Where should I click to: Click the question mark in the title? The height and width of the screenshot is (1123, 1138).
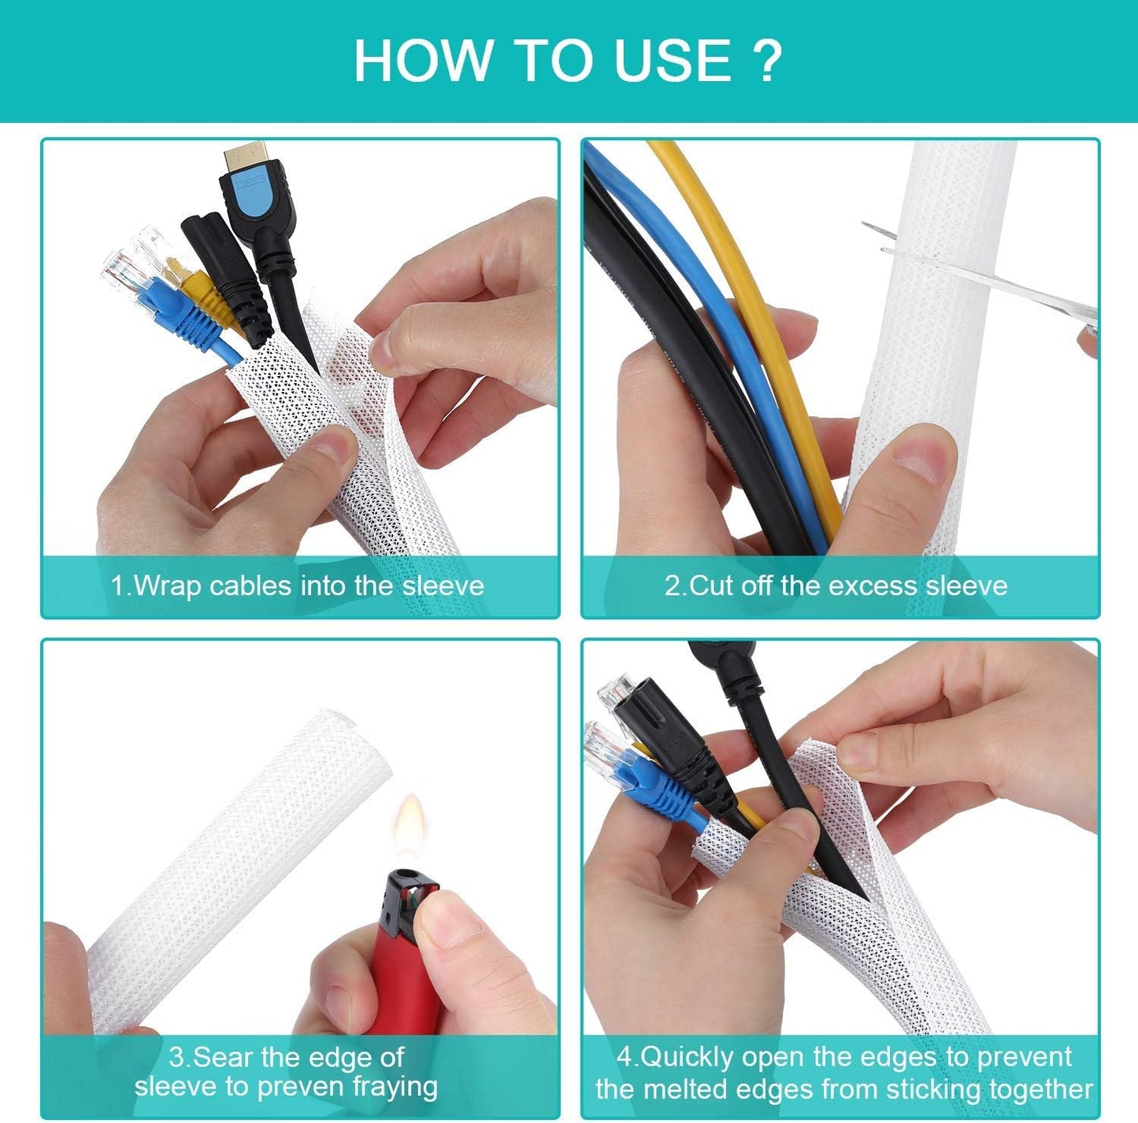[x=766, y=61]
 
